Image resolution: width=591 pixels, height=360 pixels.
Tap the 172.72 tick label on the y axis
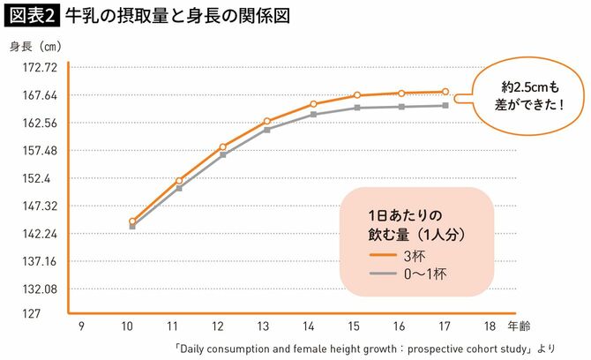pos(39,67)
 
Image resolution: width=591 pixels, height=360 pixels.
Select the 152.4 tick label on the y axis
pos(42,178)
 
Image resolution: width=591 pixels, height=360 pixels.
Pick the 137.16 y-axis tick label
pos(39,261)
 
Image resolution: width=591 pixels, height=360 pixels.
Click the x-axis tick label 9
pos(82,326)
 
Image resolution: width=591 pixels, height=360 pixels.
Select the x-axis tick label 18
pos(490,326)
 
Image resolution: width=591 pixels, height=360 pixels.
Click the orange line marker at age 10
pos(132,221)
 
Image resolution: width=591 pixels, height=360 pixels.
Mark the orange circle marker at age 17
pos(445,92)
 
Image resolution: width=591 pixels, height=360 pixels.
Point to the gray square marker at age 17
pos(445,106)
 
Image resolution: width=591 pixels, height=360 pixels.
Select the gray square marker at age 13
pos(267,130)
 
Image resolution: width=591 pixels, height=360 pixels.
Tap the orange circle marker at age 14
pos(313,104)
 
